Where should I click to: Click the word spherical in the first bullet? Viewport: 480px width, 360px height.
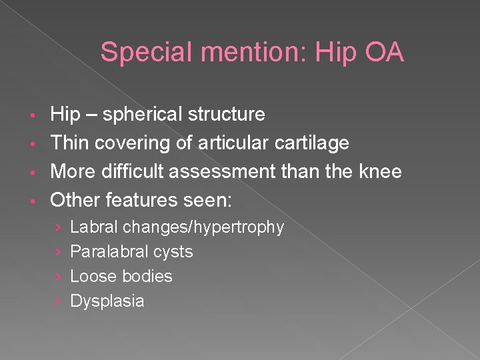tap(135, 115)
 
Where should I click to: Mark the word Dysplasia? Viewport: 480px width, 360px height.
tap(107, 301)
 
